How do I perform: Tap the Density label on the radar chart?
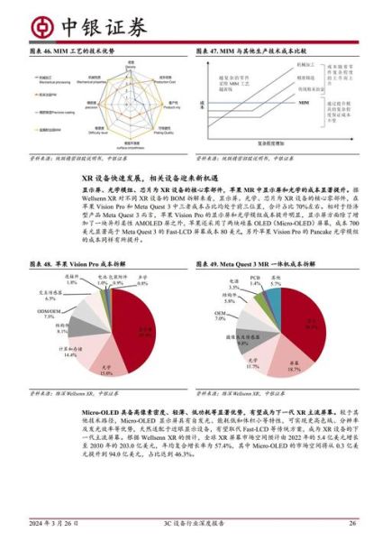click(131, 65)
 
